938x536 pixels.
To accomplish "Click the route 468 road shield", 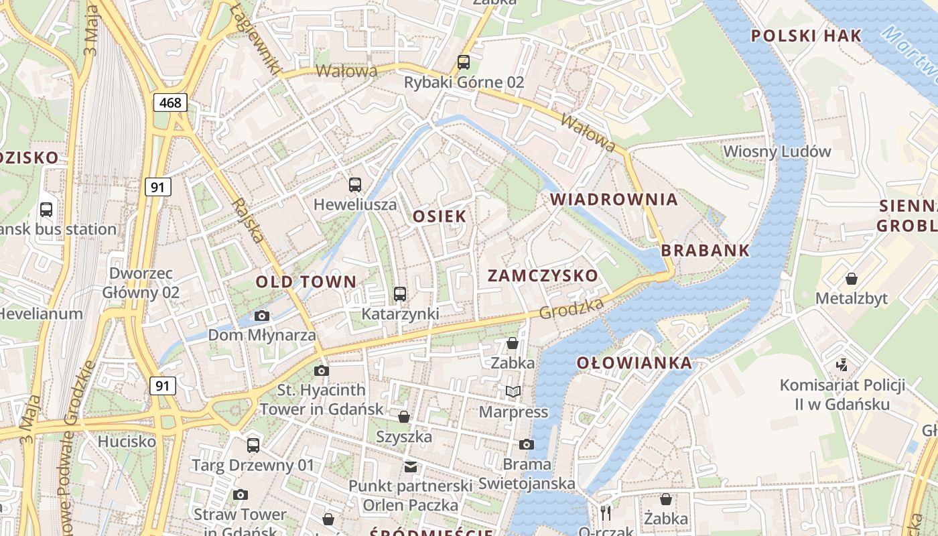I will pos(170,103).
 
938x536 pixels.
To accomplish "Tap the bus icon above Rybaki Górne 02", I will pos(464,62).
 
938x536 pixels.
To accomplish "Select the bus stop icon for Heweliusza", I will pos(355,184).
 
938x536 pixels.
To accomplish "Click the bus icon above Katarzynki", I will pos(400,293).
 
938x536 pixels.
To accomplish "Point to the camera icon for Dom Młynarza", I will pos(262,316).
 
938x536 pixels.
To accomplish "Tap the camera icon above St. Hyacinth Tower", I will pos(322,371).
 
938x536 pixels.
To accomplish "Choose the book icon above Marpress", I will pos(513,391).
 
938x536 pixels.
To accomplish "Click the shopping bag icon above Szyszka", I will pos(404,417).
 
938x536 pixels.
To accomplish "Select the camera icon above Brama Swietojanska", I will pos(527,444).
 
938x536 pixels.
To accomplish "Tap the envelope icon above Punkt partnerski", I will pos(410,466).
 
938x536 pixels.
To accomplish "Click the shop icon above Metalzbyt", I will pos(851,278).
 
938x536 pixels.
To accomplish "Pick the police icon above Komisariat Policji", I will pos(842,365).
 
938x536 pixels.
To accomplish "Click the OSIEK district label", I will pos(440,216).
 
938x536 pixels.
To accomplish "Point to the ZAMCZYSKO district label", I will pos(543,275).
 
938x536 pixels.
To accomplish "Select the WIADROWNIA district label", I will pos(614,199).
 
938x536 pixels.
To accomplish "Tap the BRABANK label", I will pos(706,250).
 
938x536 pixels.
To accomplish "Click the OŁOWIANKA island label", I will pos(634,363).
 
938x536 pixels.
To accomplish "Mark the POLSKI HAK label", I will pos(806,36).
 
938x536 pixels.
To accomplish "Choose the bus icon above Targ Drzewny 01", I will pos(253,445).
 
